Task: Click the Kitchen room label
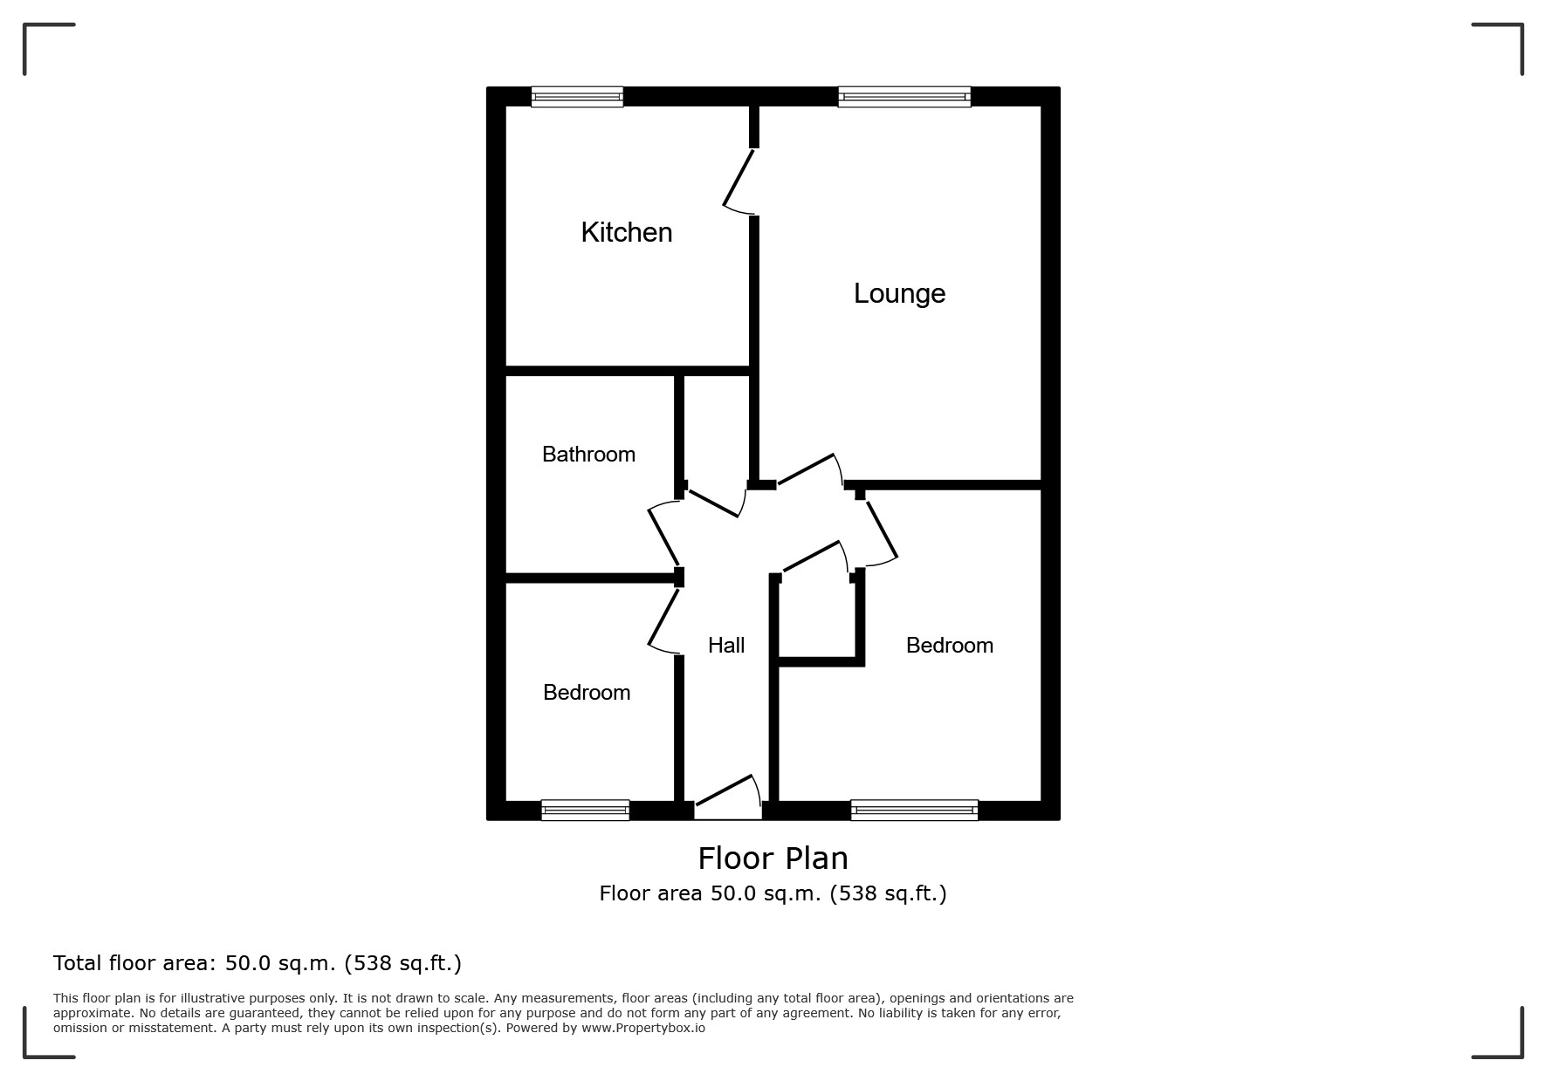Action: (x=627, y=232)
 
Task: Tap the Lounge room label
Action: (x=899, y=294)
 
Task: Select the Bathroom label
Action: (x=588, y=454)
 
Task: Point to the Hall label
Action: (x=726, y=645)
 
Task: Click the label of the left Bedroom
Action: (x=587, y=692)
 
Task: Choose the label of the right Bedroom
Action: (x=950, y=645)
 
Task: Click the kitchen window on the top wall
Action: (x=577, y=97)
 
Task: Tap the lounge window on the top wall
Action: (x=904, y=97)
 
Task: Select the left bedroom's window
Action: (x=585, y=811)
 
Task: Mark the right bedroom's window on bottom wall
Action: (x=914, y=811)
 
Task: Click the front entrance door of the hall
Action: (x=728, y=797)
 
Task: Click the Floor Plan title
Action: (x=773, y=859)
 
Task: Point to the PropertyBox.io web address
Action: (x=643, y=1028)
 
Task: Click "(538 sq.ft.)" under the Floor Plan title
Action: (x=888, y=893)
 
